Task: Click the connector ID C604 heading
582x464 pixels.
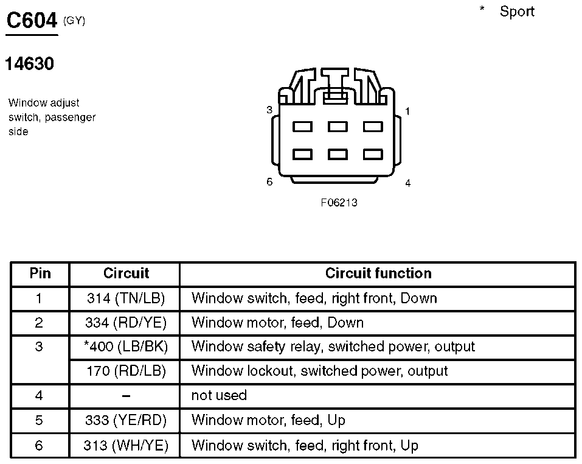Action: coord(32,20)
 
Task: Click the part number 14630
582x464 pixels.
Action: coord(29,63)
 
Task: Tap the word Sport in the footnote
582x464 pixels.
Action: coord(517,12)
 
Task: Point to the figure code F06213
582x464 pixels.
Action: coord(339,202)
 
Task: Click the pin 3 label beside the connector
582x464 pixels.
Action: coord(269,110)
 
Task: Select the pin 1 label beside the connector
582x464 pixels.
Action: coord(407,111)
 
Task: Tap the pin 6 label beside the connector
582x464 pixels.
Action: coord(269,181)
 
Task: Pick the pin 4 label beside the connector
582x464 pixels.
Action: coord(408,183)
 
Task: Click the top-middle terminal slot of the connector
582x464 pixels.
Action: coord(338,127)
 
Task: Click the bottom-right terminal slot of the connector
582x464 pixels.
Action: coord(373,154)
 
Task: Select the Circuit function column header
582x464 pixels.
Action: coord(378,273)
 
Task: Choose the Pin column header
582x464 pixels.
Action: coord(40,273)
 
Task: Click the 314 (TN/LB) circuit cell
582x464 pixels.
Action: coord(126,298)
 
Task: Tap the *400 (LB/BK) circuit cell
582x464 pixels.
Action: coord(126,346)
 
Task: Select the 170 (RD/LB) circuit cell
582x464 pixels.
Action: coord(126,371)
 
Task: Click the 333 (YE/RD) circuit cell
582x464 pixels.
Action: coord(126,420)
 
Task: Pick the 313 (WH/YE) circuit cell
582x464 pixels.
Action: coord(126,445)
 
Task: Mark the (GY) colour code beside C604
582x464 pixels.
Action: coord(74,21)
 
